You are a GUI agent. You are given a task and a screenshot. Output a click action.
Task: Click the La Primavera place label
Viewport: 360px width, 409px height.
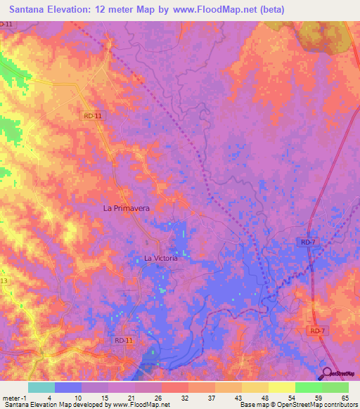127,208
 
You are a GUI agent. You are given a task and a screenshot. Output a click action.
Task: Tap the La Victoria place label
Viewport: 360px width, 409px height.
160,258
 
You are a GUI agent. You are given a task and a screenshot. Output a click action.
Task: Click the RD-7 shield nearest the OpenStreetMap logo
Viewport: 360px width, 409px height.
318,330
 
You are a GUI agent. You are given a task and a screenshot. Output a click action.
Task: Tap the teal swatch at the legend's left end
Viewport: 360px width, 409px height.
41,387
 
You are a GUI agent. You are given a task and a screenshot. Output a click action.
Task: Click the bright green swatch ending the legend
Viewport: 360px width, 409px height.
335,387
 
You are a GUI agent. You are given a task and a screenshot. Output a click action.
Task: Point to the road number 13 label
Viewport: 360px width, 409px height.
4,280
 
